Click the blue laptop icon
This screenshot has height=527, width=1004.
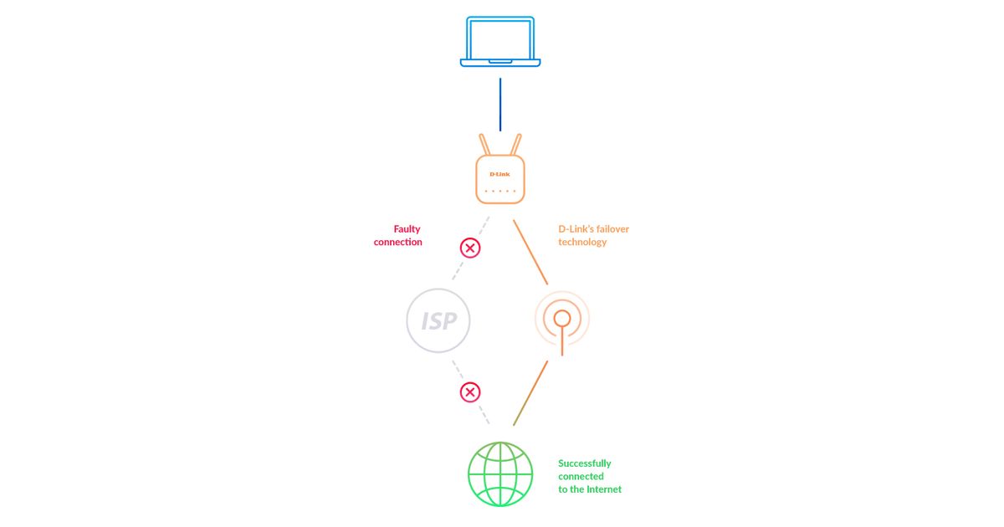(500, 41)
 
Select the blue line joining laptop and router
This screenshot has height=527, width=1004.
(500, 105)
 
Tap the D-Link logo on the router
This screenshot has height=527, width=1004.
(499, 174)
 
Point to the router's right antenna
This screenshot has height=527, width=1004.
(516, 143)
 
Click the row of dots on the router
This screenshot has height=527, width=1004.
(500, 192)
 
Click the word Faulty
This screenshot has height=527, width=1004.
(407, 228)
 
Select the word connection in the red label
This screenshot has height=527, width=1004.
(398, 242)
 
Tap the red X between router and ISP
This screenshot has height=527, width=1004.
(470, 248)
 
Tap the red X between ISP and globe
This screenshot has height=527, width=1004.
(470, 392)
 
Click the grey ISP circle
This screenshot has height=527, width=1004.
(438, 320)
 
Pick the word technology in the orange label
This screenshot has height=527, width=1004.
(582, 242)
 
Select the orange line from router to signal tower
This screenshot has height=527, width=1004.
(530, 253)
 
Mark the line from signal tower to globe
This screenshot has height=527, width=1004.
(530, 393)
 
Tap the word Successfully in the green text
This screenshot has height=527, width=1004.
(585, 463)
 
